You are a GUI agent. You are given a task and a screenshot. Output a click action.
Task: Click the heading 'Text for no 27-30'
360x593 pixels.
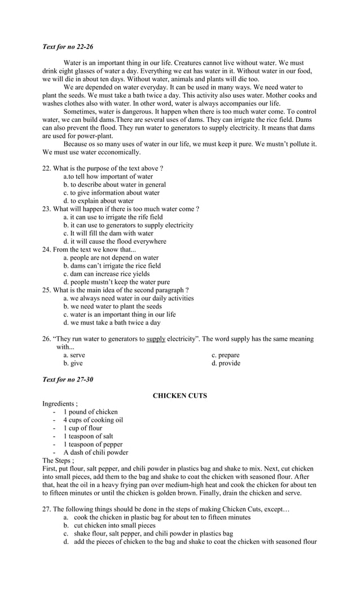(x=68, y=379)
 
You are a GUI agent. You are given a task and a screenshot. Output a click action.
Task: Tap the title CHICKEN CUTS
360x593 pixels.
(x=180, y=396)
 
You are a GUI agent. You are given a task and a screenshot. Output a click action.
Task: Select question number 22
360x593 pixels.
(x=47, y=168)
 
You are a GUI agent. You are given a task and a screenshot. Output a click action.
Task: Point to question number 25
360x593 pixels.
(x=47, y=290)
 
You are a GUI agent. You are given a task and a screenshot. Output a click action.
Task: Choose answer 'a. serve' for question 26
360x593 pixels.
(x=74, y=355)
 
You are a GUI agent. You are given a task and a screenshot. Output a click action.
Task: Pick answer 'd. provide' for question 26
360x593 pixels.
(x=226, y=363)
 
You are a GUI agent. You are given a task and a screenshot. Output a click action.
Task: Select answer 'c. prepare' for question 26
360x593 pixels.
(x=226, y=355)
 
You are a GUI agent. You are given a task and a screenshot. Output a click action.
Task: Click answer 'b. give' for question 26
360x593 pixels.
(x=73, y=363)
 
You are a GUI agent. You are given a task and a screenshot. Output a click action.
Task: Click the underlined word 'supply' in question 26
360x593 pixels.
(x=156, y=339)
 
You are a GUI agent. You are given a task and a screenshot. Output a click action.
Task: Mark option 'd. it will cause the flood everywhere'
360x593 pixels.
(x=115, y=241)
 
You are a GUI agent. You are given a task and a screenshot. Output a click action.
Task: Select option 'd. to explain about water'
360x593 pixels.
(x=98, y=200)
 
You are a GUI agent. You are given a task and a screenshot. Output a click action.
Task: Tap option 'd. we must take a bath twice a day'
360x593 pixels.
(x=112, y=323)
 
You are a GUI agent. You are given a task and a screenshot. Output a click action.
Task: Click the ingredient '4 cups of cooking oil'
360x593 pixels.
(x=93, y=420)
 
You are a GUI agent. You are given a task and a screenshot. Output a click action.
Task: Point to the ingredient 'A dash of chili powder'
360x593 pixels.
(x=95, y=453)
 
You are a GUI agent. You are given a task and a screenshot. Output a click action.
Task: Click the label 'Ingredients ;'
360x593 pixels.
(x=60, y=404)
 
